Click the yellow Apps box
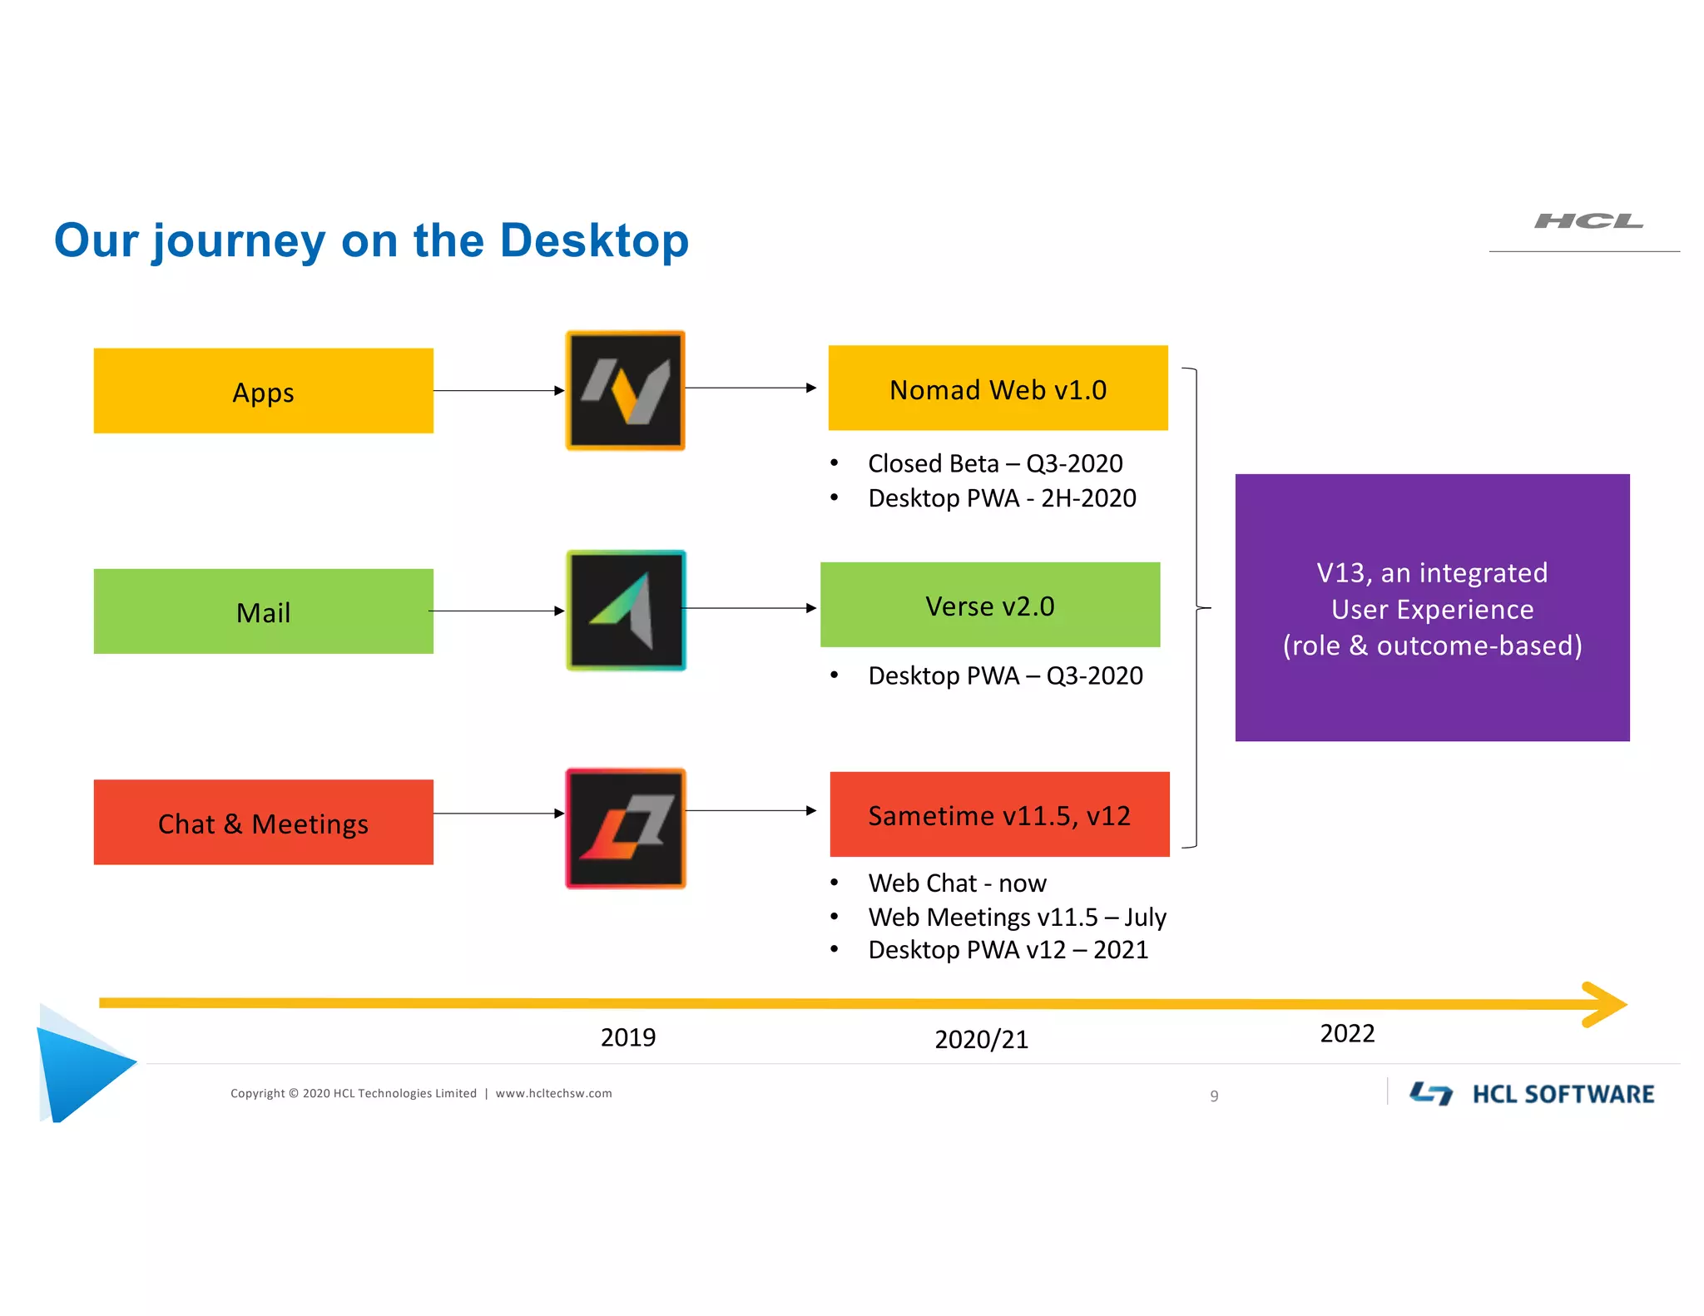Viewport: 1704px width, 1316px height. click(263, 391)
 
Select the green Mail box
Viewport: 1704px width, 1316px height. click(263, 611)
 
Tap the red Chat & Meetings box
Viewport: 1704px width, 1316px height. click(263, 823)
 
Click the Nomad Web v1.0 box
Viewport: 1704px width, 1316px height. click(998, 388)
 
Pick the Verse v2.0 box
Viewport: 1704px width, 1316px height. click(989, 605)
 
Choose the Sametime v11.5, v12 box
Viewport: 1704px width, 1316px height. click(999, 814)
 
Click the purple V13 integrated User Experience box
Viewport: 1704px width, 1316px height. click(1432, 608)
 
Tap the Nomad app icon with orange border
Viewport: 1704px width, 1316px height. click(626, 390)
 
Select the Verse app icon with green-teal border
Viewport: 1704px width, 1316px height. click(626, 610)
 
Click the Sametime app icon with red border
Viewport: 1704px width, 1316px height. click(626, 829)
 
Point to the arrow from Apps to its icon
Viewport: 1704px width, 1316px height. click(498, 390)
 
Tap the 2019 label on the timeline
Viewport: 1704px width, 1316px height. click(628, 1037)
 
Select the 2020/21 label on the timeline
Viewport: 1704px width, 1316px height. click(981, 1039)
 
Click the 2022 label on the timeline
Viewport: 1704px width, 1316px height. click(1347, 1033)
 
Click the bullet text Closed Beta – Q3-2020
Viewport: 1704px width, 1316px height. click(995, 463)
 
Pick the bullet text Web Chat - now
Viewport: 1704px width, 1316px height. click(957, 883)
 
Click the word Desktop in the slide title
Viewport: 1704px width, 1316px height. click(594, 241)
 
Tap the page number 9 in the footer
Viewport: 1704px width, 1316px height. click(1214, 1096)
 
